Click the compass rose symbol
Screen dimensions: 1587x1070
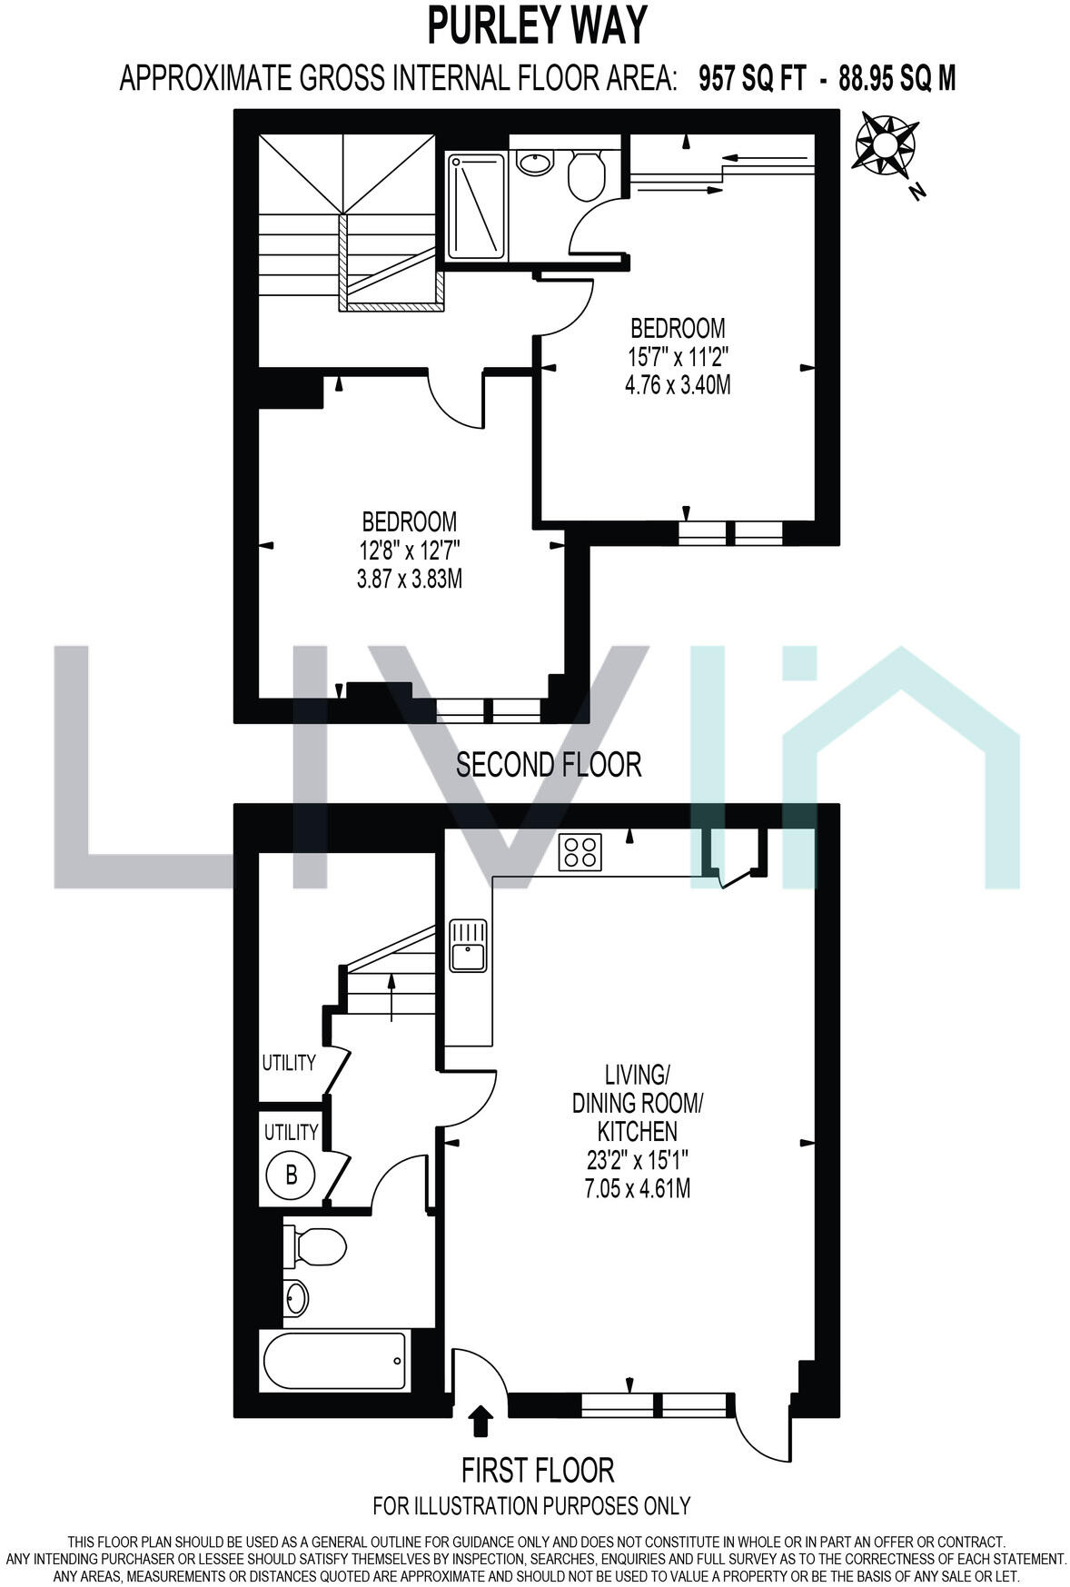click(x=884, y=144)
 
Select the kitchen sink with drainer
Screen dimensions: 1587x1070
click(x=469, y=947)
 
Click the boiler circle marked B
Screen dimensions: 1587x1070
click(x=291, y=1175)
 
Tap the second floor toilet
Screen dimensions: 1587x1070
click(x=586, y=174)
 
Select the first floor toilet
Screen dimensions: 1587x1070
click(x=315, y=1246)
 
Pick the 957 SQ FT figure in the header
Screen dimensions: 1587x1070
click(x=752, y=80)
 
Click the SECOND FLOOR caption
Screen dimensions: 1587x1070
click(x=549, y=765)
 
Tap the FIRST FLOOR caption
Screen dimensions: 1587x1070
click(x=538, y=1470)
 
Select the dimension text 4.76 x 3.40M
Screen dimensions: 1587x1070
click(x=678, y=385)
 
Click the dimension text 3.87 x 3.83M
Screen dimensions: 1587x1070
click(x=410, y=579)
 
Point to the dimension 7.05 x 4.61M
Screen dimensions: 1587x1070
click(x=638, y=1188)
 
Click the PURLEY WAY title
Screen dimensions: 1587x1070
click(x=537, y=25)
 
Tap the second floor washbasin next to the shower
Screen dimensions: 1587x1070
click(x=535, y=164)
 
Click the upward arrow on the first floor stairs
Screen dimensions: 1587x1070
click(x=391, y=993)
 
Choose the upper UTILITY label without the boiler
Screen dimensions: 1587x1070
click(x=289, y=1063)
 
